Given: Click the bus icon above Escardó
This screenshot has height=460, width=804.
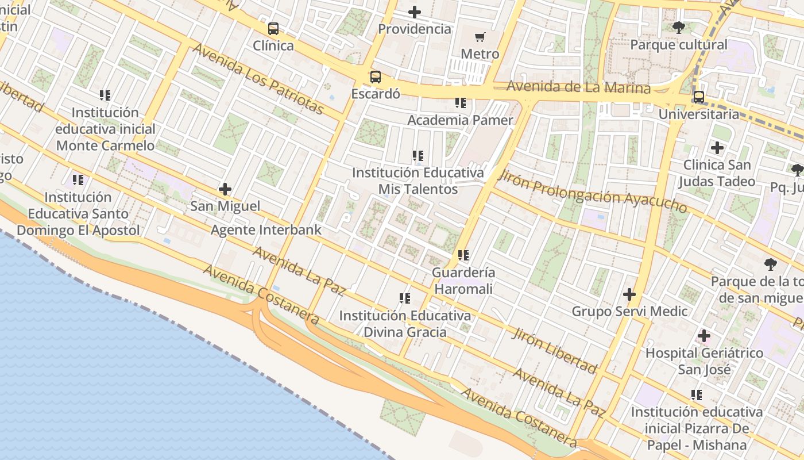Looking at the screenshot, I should [x=376, y=76].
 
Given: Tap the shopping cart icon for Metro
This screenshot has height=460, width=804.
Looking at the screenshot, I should [x=480, y=37].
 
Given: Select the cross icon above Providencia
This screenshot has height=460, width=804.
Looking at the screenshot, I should [x=414, y=11].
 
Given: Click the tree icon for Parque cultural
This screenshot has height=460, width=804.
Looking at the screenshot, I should [x=678, y=27].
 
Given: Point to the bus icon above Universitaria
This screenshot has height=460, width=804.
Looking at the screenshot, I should [x=698, y=97].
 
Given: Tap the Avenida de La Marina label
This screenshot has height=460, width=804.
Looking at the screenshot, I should [x=579, y=87].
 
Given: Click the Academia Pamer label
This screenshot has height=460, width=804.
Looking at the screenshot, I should [x=460, y=120].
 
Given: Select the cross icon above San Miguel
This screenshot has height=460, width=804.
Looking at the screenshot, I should [x=225, y=189].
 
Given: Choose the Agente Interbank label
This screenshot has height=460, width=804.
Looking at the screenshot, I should [x=266, y=230].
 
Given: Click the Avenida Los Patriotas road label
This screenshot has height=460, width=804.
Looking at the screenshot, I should [x=258, y=79].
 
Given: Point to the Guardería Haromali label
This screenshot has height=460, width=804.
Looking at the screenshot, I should [x=463, y=280].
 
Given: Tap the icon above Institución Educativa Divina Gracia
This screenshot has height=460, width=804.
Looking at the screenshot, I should [x=405, y=298].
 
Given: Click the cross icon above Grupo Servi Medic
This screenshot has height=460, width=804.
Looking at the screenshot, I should [x=629, y=294].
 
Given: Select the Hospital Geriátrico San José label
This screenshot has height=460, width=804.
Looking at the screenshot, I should [x=704, y=361].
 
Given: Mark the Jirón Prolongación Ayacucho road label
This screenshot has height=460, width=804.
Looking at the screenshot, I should [x=593, y=191].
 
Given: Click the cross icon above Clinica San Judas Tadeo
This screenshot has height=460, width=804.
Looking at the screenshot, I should [x=717, y=148].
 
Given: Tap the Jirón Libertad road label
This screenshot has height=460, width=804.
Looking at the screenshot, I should [x=554, y=350].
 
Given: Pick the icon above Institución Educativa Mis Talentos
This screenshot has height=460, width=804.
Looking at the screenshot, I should [x=418, y=155].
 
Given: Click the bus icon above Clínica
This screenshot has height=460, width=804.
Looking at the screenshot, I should [x=273, y=28].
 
